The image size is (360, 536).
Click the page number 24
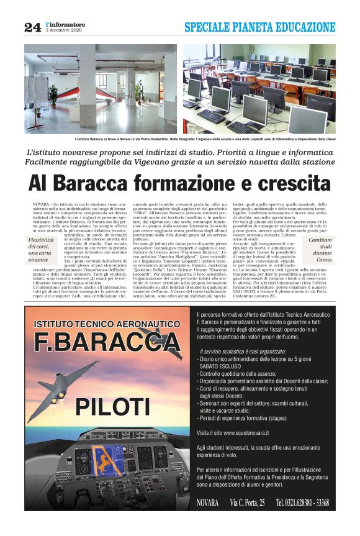tap(32, 27)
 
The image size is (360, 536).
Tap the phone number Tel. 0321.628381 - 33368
tap(302, 502)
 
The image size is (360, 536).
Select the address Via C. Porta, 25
tap(247, 502)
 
